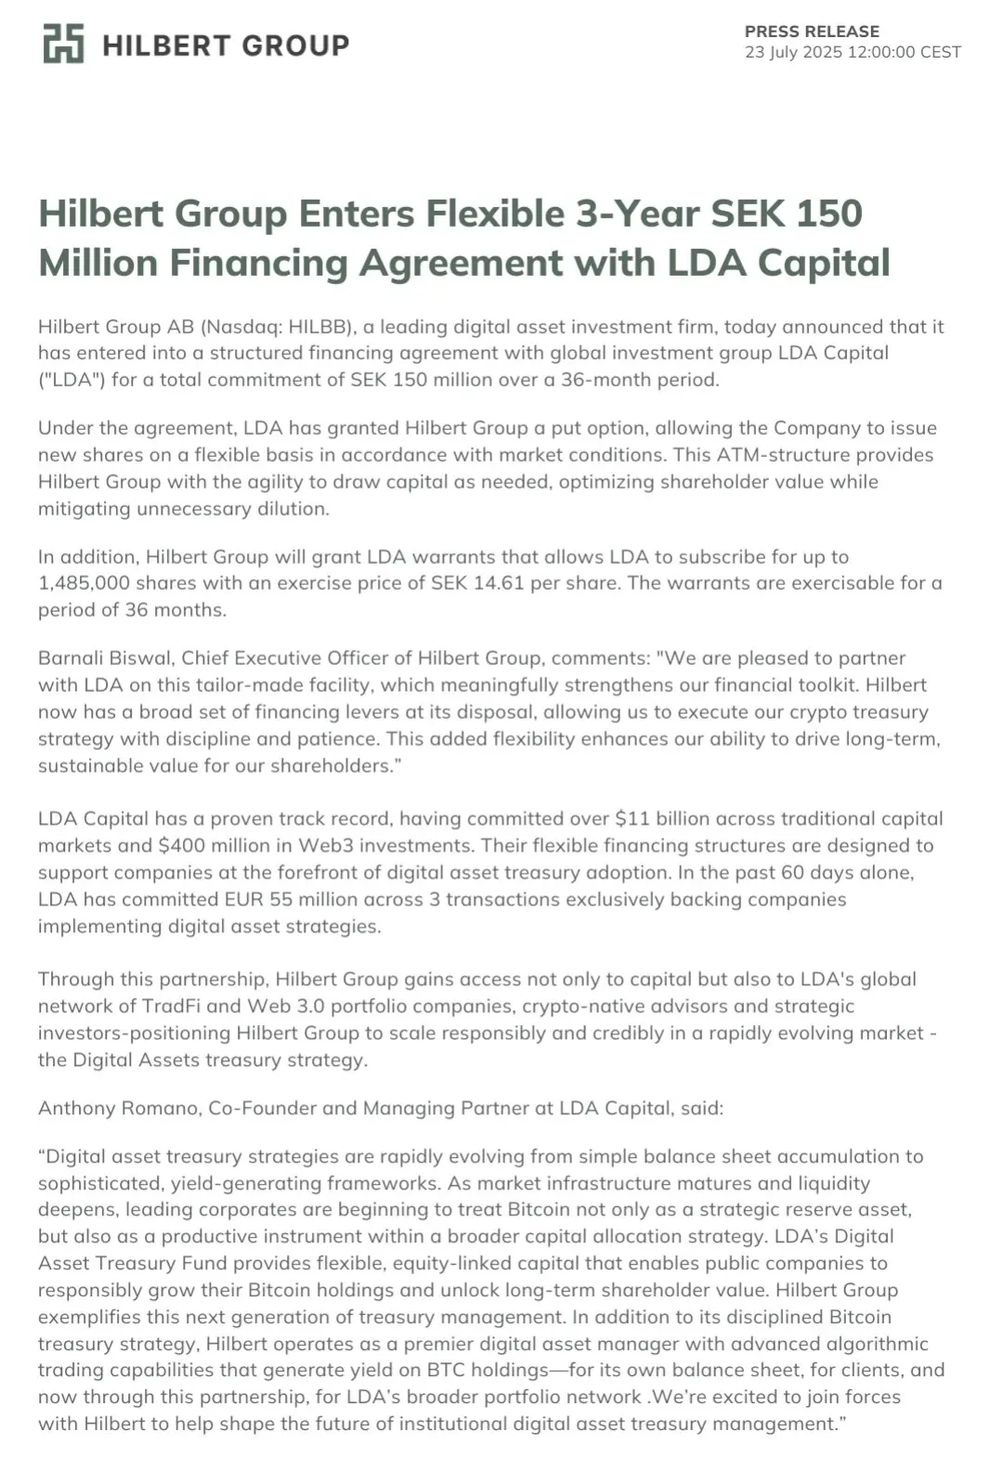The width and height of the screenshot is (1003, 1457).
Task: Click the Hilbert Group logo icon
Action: [x=63, y=44]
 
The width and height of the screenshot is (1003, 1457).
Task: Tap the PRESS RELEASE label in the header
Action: [x=812, y=32]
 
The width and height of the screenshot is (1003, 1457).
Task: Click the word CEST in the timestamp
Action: [x=940, y=53]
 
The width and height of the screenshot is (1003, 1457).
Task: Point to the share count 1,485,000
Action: [x=82, y=583]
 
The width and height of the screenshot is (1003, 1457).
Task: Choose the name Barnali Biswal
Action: [x=104, y=658]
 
